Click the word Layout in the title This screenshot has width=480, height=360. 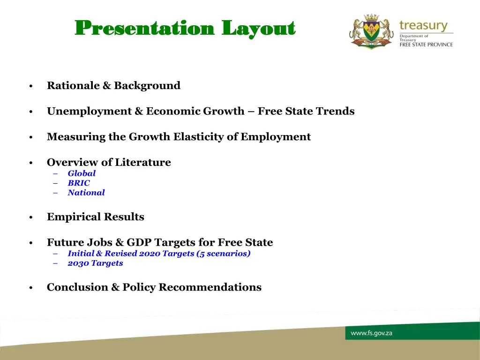[x=258, y=29]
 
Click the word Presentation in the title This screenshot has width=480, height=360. [x=144, y=29]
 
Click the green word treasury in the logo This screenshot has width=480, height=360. [x=423, y=25]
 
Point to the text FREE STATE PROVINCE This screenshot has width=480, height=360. [x=426, y=45]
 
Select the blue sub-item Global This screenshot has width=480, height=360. [x=82, y=173]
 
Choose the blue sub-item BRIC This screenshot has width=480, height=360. [x=79, y=183]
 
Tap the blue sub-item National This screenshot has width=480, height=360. [x=86, y=193]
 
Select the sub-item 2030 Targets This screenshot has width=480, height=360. [x=95, y=263]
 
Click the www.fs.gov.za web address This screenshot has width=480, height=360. [x=371, y=333]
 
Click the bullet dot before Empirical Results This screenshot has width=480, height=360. [x=30, y=217]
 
